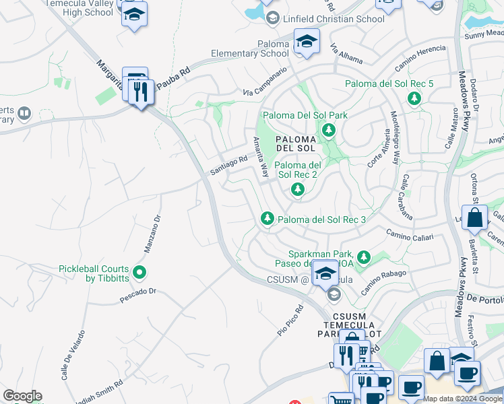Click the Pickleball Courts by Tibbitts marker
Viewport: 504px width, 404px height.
(x=139, y=273)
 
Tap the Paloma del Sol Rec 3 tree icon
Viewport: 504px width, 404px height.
(x=267, y=219)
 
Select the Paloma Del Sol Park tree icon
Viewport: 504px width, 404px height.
(x=328, y=130)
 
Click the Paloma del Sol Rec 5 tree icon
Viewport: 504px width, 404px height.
(x=414, y=99)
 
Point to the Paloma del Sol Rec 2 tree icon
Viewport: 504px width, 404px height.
(x=297, y=190)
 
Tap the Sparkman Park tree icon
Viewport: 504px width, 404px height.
(x=364, y=257)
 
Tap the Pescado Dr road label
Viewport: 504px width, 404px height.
(x=138, y=292)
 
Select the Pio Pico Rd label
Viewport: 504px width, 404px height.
(x=290, y=322)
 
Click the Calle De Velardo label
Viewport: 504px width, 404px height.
(x=73, y=355)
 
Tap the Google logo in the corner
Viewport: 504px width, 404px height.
(x=22, y=396)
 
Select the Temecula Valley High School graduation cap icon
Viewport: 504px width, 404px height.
(x=134, y=14)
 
